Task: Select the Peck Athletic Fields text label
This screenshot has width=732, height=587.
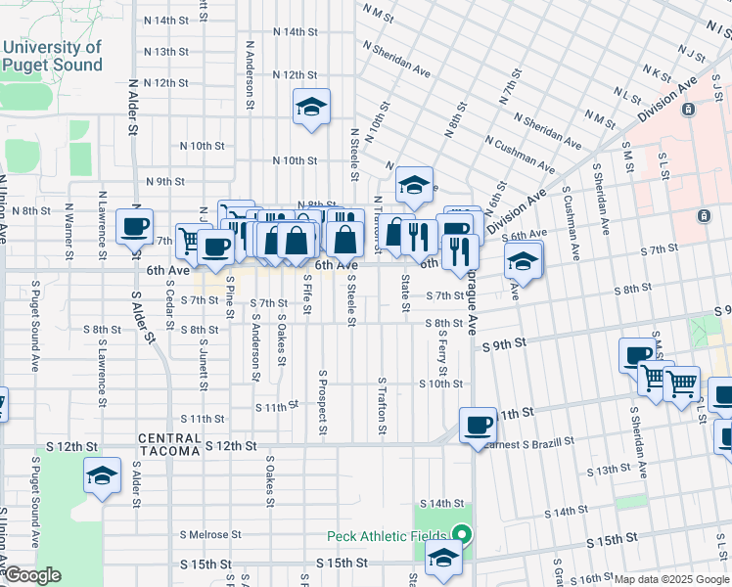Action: pyautogui.click(x=387, y=536)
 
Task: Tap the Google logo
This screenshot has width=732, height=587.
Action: pyautogui.click(x=31, y=575)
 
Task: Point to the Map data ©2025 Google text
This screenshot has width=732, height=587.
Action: pyautogui.click(x=671, y=579)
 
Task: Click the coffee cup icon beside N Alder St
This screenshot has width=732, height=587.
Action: pyautogui.click(x=135, y=227)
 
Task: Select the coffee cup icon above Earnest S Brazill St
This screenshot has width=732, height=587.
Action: pyautogui.click(x=478, y=425)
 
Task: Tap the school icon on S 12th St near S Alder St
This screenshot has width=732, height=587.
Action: pyautogui.click(x=102, y=475)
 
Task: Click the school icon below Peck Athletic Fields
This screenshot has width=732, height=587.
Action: pyautogui.click(x=443, y=561)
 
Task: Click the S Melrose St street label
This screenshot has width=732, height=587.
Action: pyautogui.click(x=210, y=534)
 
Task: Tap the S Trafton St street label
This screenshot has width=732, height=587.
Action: pyautogui.click(x=382, y=407)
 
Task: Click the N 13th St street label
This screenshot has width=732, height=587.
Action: pyautogui.click(x=165, y=52)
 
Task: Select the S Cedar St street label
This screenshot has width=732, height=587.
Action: pyautogui.click(x=169, y=306)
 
